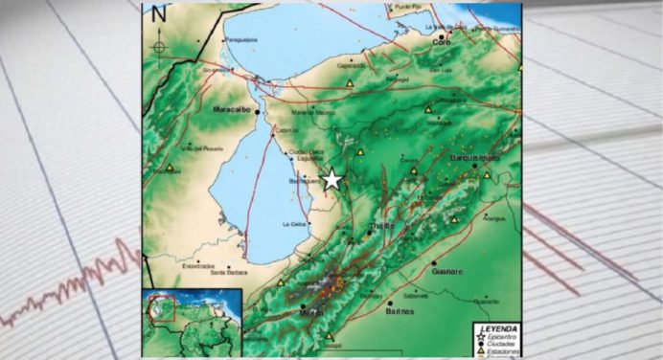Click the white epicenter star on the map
tap(331, 179)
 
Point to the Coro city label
tap(442, 43)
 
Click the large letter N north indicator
tap(159, 13)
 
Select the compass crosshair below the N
tap(159, 46)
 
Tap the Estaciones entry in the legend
tap(502, 352)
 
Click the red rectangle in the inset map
tap(166, 308)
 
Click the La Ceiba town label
tap(293, 224)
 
